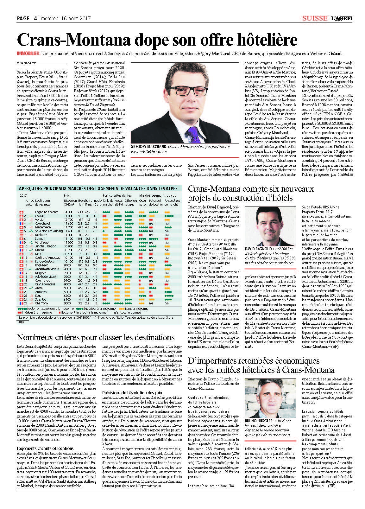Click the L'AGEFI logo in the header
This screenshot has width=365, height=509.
[342, 18]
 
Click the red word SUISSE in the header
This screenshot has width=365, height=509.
[314, 18]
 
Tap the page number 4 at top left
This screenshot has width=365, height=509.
[35, 18]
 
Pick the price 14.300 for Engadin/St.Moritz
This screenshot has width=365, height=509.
[68, 212]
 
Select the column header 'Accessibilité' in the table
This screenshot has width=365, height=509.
[119, 202]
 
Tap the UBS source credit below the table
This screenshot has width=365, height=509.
[22, 322]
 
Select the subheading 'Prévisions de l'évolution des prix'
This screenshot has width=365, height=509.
[132, 393]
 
